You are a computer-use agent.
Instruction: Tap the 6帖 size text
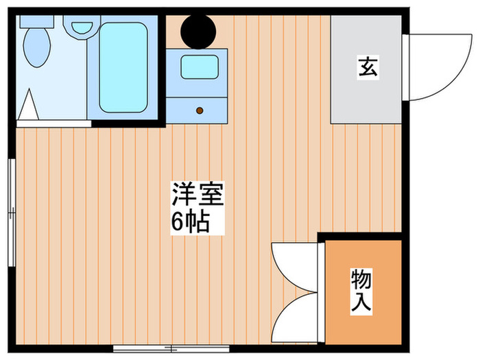point(191,223)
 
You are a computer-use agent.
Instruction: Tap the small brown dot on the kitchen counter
point(200,109)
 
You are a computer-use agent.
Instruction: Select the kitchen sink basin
point(199,67)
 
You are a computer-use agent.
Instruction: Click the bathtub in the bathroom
point(123,67)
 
